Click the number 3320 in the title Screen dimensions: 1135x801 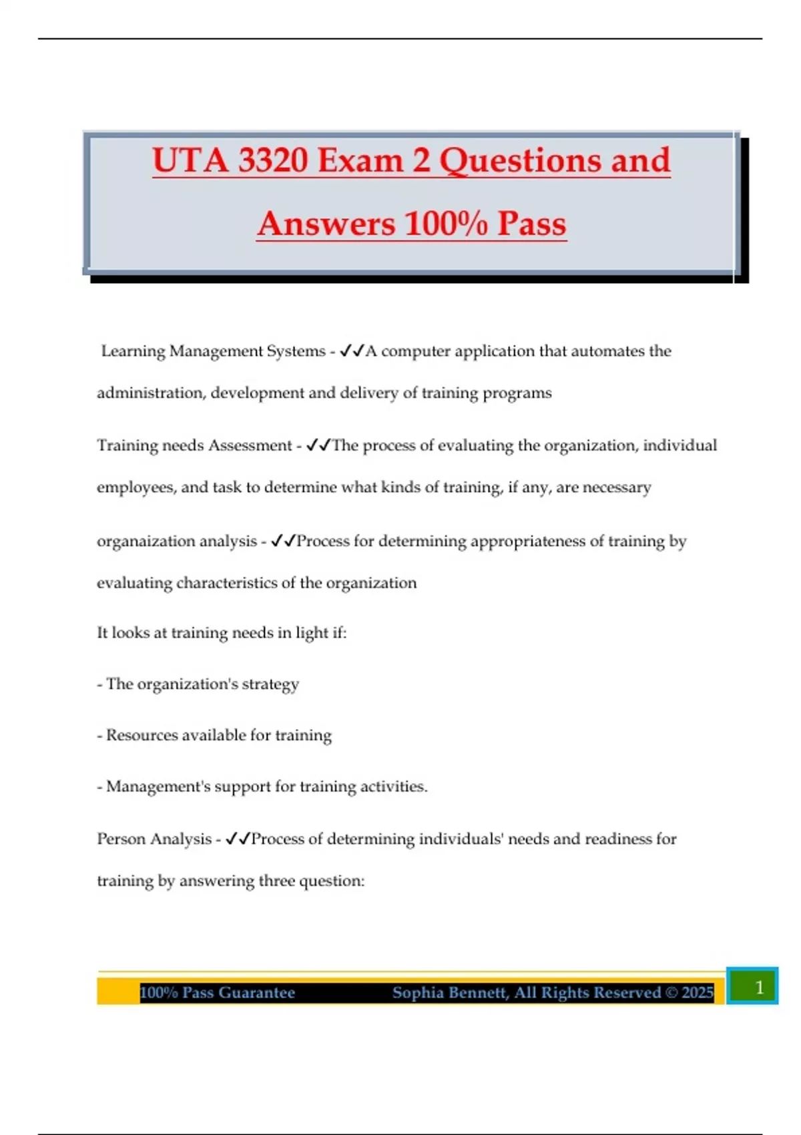coord(272,161)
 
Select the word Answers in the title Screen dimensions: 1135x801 coord(326,224)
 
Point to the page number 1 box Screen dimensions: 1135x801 coord(752,987)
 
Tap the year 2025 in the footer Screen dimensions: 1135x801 coord(698,993)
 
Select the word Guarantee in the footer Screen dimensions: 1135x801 coord(256,993)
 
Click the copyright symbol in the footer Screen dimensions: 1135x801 coord(671,993)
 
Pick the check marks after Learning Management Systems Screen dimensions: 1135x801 coord(351,351)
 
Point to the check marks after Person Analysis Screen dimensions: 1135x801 coord(238,839)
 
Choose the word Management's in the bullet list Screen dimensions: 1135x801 coord(150,786)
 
